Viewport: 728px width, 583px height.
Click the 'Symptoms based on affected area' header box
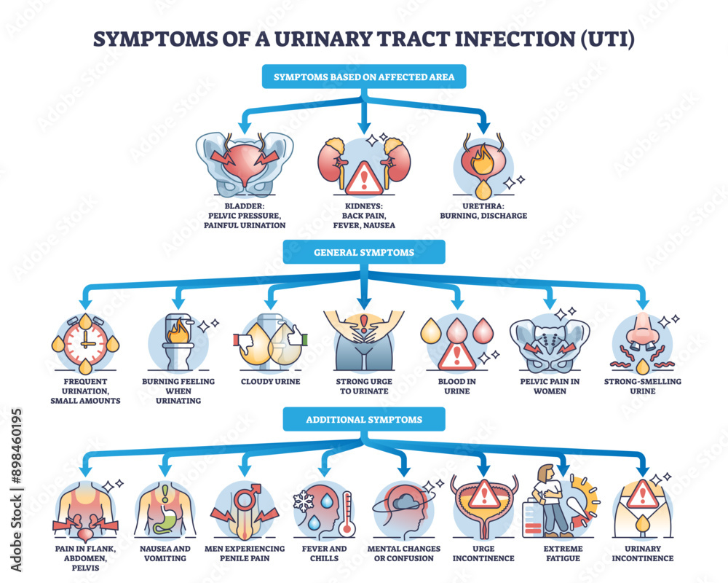[364, 78]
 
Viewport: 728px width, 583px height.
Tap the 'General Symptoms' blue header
[364, 252]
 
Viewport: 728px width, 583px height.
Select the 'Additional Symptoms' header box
[364, 420]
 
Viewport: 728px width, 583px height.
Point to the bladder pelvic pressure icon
[245, 164]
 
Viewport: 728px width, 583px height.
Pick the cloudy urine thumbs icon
[270, 343]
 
